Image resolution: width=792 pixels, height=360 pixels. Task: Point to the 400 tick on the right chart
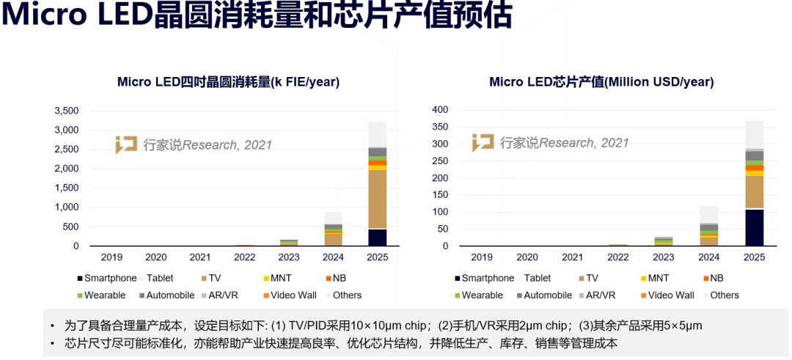pos(439,110)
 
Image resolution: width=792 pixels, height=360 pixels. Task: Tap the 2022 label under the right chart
pos(618,257)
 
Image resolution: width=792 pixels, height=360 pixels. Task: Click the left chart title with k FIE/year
pos(228,82)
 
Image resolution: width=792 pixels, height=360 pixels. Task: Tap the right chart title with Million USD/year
pos(601,82)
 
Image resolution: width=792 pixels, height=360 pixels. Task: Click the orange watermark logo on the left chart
pos(126,144)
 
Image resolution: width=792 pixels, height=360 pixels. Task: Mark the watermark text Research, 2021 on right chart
pos(584,143)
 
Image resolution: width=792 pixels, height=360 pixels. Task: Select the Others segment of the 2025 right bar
pos(754,135)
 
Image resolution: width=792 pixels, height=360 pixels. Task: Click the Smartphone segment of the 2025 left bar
pos(377,238)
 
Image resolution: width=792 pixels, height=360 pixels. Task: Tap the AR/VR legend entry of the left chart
pos(226,295)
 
